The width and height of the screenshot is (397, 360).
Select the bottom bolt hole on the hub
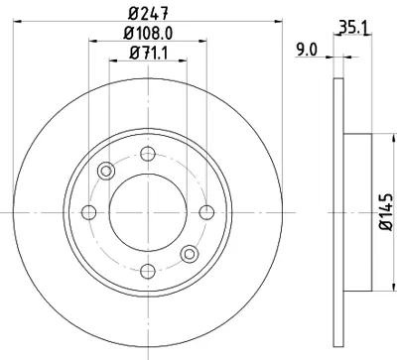(148, 270)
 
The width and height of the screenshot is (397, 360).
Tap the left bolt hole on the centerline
(88, 211)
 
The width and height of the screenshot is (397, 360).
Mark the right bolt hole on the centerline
(206, 211)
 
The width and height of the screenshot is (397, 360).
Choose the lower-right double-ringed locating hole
(190, 253)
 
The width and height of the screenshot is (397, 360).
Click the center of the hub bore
(148, 211)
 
